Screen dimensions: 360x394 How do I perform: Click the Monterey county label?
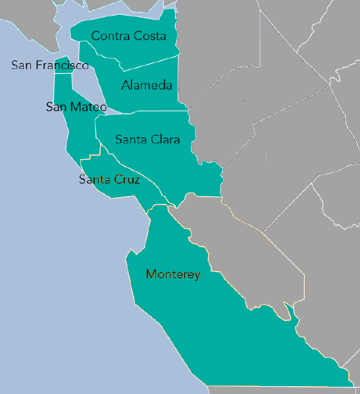(x=173, y=274)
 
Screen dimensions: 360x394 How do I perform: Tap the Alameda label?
(x=147, y=86)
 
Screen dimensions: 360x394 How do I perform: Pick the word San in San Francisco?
(x=20, y=65)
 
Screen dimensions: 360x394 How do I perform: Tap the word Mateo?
(x=89, y=107)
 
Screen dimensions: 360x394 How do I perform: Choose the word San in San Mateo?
(x=56, y=107)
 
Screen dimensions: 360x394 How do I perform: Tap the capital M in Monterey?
(x=151, y=274)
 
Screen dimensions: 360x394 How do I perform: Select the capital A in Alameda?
(x=126, y=86)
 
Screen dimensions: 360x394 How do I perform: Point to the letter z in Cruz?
(x=136, y=180)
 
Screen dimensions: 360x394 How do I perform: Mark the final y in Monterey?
(x=197, y=276)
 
